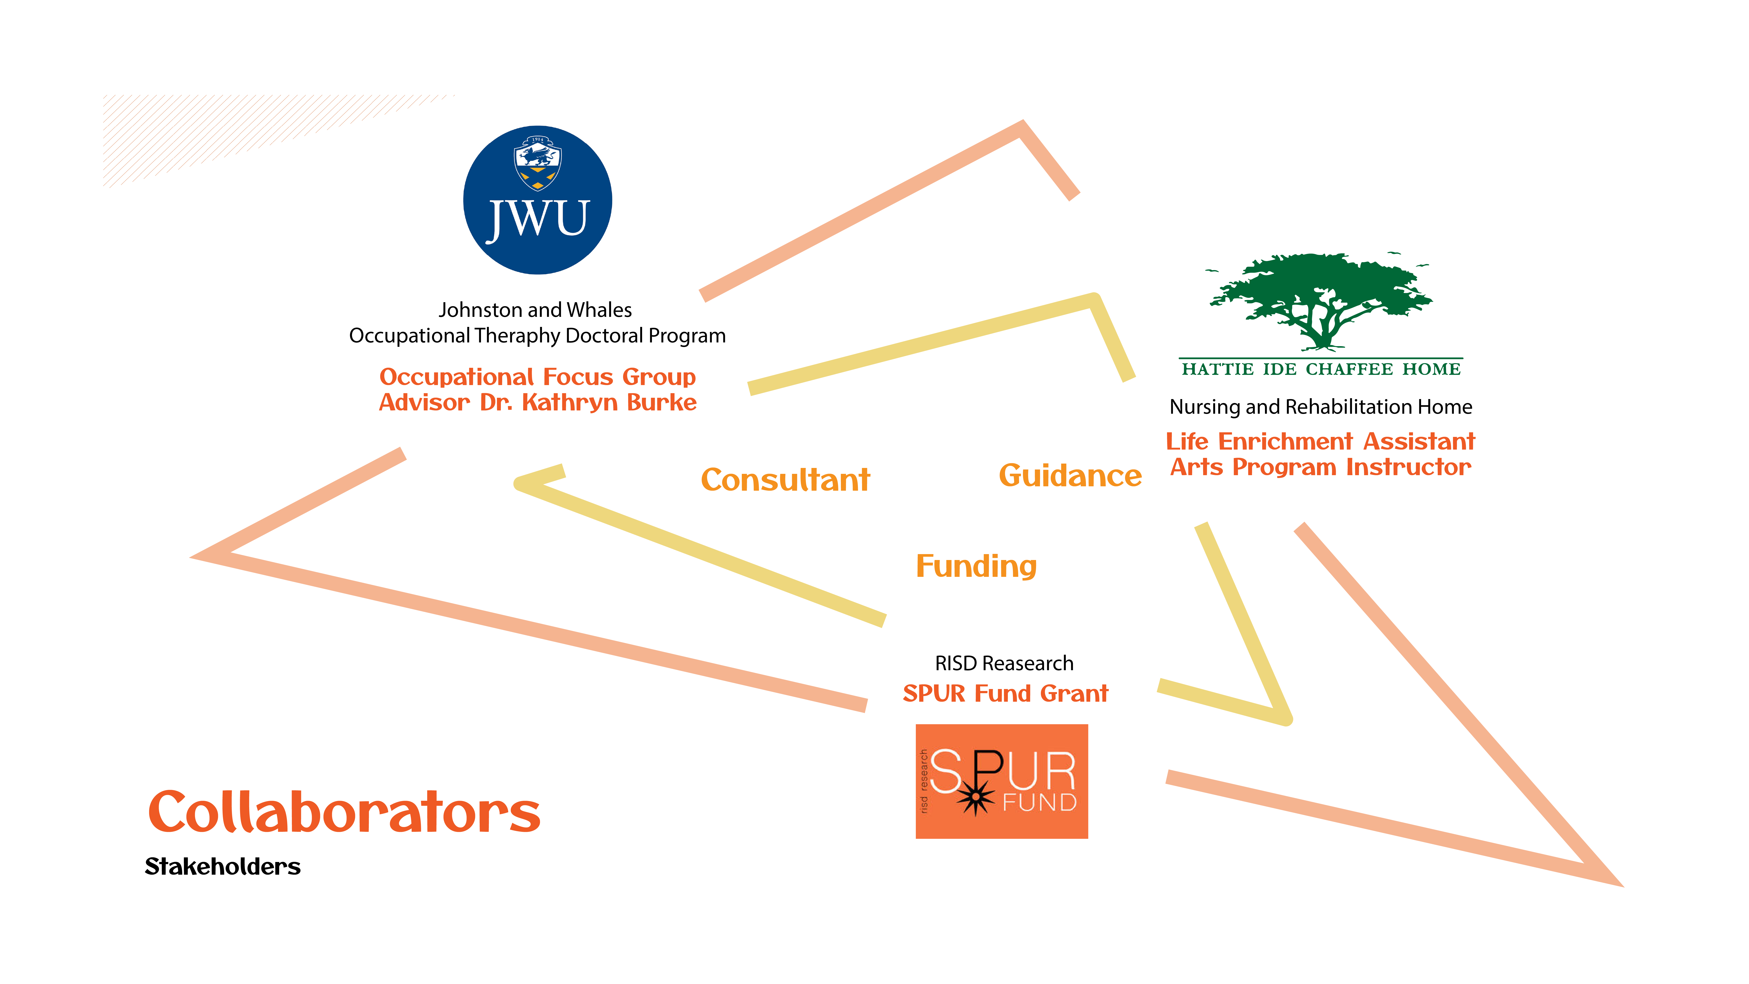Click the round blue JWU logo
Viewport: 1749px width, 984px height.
click(537, 200)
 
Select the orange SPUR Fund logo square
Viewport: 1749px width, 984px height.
click(1002, 781)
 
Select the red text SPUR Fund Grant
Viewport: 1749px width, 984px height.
click(1005, 693)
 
